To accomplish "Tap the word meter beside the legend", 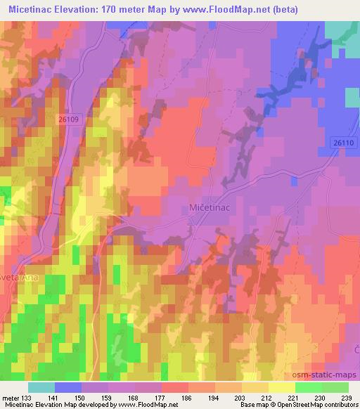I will click(11, 397).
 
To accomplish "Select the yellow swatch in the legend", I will click(281, 387).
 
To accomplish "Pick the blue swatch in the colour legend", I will click(67, 387).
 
